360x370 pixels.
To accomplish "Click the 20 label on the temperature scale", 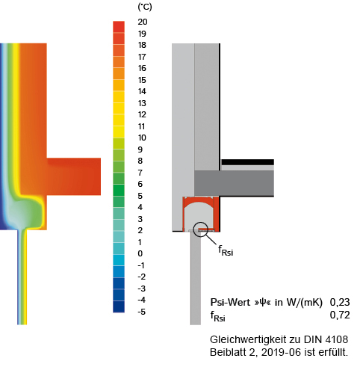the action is [143, 22].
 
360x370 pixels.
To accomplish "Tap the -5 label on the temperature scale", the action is [142, 312].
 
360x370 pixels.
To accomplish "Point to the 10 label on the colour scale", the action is [142, 138].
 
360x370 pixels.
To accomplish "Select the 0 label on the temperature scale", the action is [140, 253].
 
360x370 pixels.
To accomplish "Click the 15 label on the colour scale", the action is [142, 80].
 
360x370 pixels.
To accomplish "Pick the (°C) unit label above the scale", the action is [145, 7].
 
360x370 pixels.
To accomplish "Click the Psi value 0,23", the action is [340, 302].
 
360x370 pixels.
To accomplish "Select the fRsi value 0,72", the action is [340, 315].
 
